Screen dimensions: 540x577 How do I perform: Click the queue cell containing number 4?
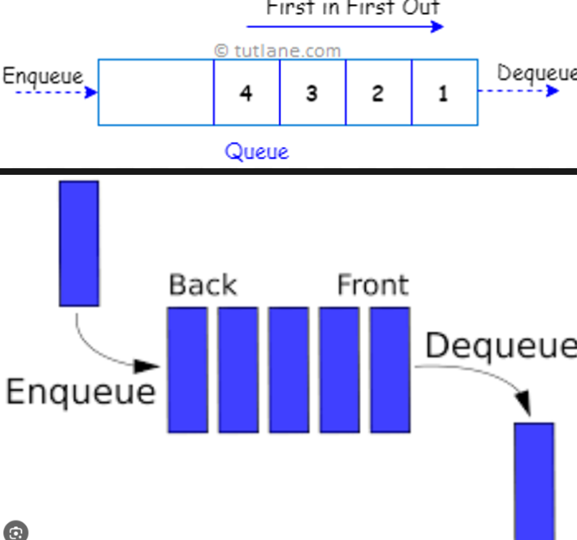point(246,93)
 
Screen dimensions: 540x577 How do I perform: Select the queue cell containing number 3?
point(312,93)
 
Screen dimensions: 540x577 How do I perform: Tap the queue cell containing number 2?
point(377,93)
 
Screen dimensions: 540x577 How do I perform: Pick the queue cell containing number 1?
point(444,93)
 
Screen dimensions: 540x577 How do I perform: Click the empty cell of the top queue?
point(156,92)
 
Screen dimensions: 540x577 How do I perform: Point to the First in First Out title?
point(353,8)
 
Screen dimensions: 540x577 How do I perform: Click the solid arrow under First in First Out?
point(345,26)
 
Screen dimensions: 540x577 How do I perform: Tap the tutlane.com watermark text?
point(278,50)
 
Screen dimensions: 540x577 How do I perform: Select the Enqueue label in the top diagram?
point(43,76)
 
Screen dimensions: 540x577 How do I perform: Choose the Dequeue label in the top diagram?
point(536,73)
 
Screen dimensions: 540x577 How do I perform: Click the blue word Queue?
point(257,151)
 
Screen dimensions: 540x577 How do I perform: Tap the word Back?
point(202,285)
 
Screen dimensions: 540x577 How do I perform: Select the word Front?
point(372,285)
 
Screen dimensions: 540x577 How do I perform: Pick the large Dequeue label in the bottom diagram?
point(500,346)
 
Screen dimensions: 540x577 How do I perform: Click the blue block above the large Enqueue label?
point(79,243)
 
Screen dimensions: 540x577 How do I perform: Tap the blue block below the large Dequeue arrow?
point(533,480)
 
